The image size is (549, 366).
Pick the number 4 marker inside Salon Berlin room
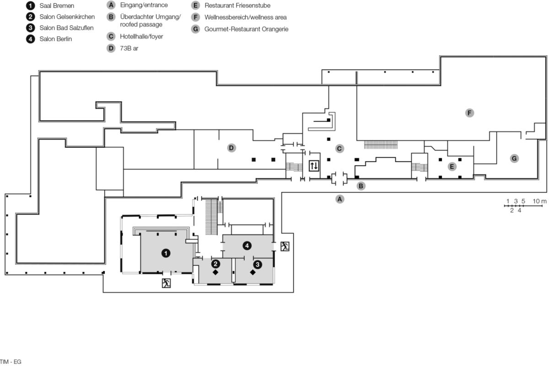click(247, 246)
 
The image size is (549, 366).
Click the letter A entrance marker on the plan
click(339, 199)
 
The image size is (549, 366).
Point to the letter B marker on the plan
click(361, 186)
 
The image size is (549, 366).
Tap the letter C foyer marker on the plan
click(339, 148)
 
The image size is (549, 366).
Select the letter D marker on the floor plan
click(231, 148)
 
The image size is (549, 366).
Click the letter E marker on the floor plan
click(452, 167)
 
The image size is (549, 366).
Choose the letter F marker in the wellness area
click(469, 113)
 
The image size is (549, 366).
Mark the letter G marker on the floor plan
click(514, 158)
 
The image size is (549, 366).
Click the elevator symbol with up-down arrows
click(314, 166)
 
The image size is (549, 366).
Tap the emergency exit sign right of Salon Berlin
click(285, 247)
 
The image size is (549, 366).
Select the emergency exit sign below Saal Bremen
click(166, 283)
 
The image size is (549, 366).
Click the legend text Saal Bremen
click(57, 6)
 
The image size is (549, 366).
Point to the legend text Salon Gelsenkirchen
click(67, 17)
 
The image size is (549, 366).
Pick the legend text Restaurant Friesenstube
click(237, 6)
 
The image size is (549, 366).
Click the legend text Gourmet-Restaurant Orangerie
click(246, 29)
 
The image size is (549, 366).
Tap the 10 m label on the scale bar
click(539, 201)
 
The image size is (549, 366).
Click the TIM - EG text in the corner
click(11, 362)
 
